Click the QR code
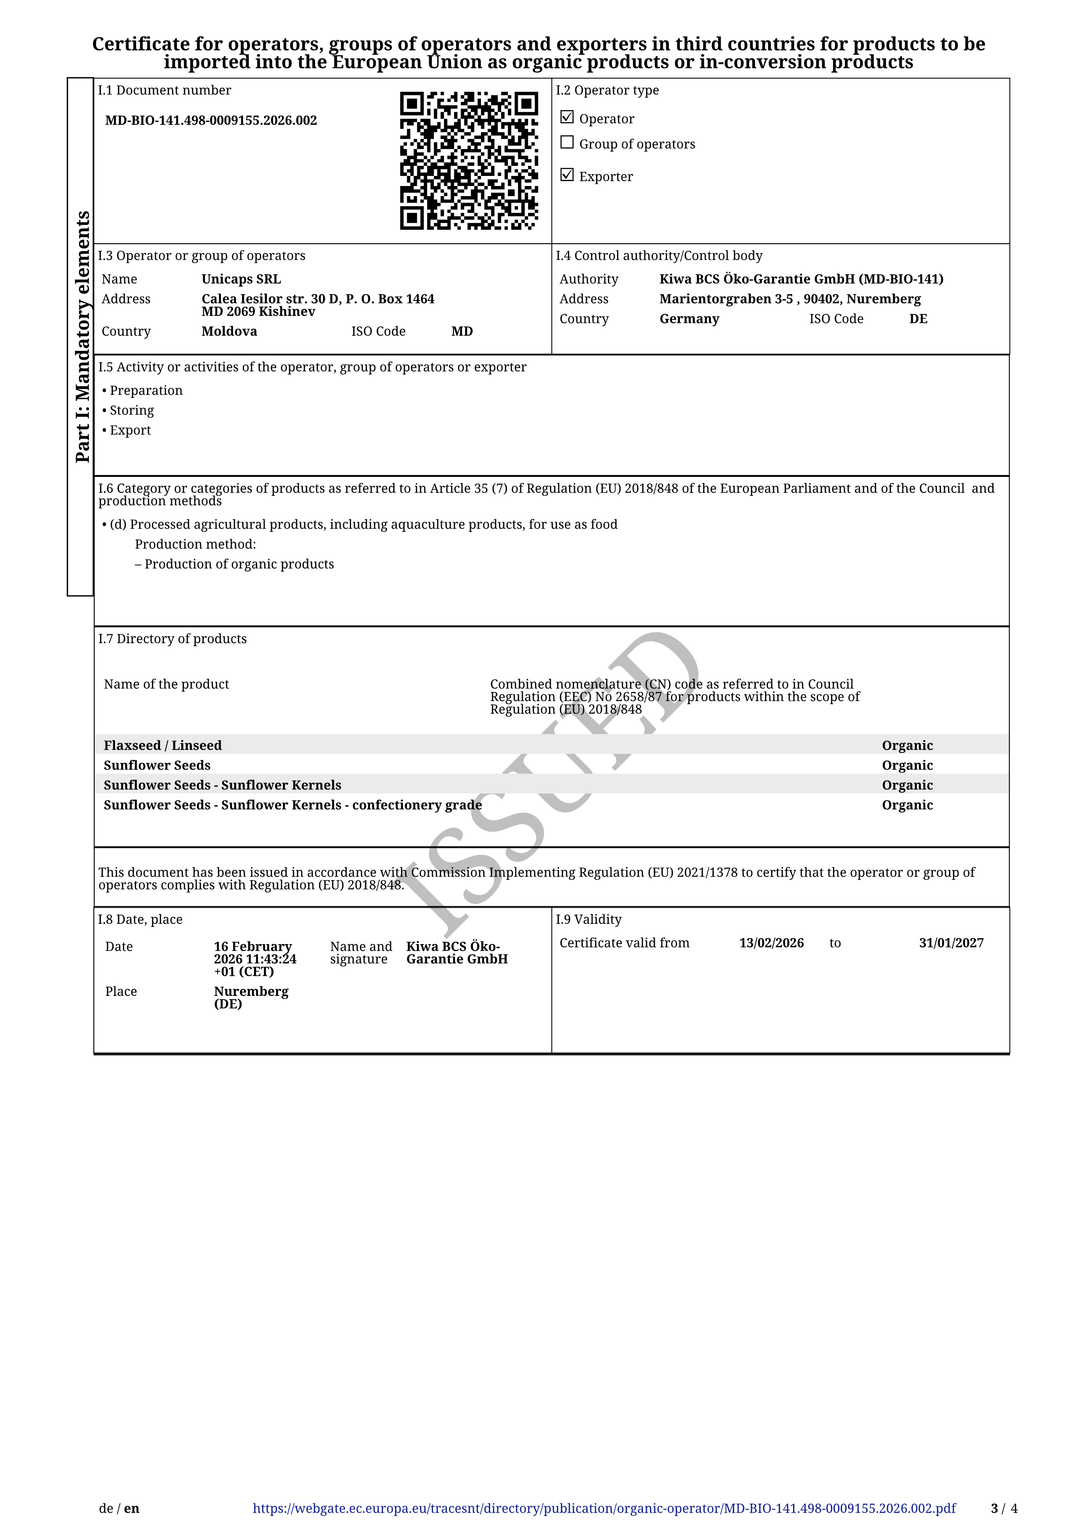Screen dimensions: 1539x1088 pos(469,161)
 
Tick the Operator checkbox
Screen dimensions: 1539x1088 pos(567,117)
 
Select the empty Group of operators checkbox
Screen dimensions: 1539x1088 pos(567,143)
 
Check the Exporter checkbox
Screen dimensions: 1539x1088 pos(567,175)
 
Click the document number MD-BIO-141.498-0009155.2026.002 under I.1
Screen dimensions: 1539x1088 pos(211,121)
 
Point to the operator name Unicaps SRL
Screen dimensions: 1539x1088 pos(241,279)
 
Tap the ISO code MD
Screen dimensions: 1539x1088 pos(462,331)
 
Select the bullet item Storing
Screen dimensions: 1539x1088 pos(131,410)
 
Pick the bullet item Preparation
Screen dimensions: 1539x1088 pos(145,390)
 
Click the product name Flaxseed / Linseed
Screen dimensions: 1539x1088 pos(162,745)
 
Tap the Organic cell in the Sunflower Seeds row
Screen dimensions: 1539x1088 pos(907,766)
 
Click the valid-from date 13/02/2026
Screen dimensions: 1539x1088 pos(771,943)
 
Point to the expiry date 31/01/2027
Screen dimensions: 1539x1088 pos(951,943)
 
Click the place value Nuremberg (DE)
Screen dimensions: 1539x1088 pos(250,997)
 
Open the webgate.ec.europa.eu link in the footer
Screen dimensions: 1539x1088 pos(604,1508)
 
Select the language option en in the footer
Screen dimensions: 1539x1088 pos(131,1508)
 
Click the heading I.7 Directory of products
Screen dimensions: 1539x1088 pos(172,639)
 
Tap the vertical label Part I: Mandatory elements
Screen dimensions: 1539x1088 pos(82,336)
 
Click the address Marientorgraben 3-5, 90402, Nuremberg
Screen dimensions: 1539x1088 pos(790,299)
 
